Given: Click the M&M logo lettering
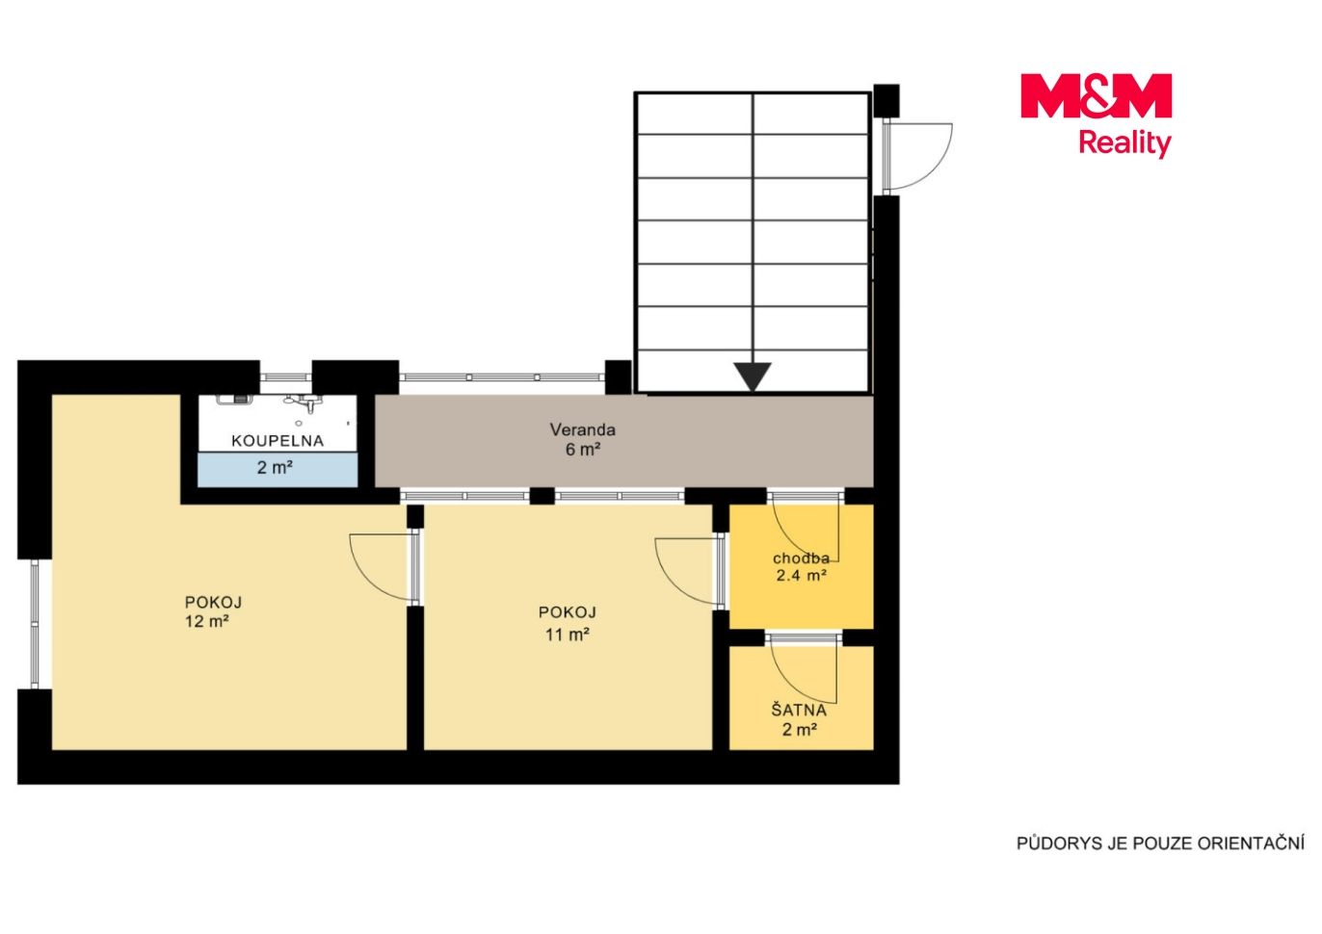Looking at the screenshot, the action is (x=1096, y=95).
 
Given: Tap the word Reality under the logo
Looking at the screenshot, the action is (x=1125, y=143).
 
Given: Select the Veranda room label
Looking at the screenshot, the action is (x=583, y=429).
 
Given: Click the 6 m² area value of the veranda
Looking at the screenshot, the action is (x=583, y=450).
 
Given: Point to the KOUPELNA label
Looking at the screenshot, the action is (x=278, y=441).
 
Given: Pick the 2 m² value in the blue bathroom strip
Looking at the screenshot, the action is (x=275, y=468).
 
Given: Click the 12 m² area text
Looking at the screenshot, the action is (x=207, y=621).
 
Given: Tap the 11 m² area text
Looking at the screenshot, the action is (x=568, y=635).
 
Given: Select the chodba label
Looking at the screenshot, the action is (x=801, y=558).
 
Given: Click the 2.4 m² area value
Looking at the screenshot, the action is (x=801, y=575).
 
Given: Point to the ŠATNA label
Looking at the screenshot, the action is (x=799, y=711).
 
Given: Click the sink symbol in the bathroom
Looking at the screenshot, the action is (x=310, y=403).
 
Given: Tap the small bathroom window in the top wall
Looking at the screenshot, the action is (x=285, y=377).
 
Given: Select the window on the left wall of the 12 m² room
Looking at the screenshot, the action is (x=35, y=624).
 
